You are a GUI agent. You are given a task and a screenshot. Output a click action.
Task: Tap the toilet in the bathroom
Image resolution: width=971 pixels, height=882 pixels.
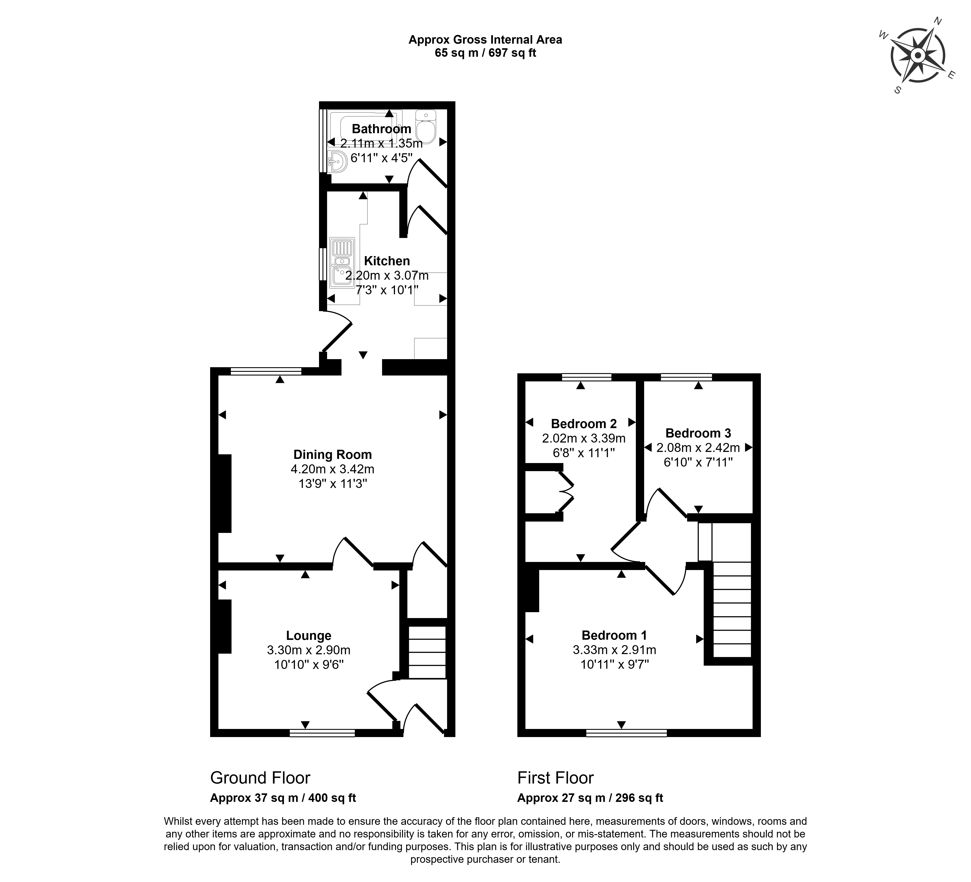tap(426, 126)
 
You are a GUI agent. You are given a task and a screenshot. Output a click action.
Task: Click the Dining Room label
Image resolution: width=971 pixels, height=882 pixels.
tap(333, 455)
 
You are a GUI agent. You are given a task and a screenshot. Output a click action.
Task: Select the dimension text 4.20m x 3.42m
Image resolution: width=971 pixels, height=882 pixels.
tap(333, 469)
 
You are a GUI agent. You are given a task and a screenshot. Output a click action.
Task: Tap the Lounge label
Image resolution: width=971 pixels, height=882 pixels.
tap(309, 636)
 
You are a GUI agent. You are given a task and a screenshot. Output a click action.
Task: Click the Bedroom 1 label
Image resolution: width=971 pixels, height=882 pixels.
tap(614, 635)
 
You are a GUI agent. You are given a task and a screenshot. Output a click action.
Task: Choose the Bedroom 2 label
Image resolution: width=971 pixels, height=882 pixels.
tap(584, 424)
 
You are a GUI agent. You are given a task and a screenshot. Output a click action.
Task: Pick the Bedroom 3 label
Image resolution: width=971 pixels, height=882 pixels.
tap(698, 433)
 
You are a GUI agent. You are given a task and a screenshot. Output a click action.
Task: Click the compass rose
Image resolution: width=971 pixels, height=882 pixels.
tap(918, 55)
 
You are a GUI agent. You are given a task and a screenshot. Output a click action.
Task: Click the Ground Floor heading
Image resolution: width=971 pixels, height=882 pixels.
tap(260, 778)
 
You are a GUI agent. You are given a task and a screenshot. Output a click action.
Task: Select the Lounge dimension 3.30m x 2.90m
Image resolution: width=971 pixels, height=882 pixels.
tap(309, 650)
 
